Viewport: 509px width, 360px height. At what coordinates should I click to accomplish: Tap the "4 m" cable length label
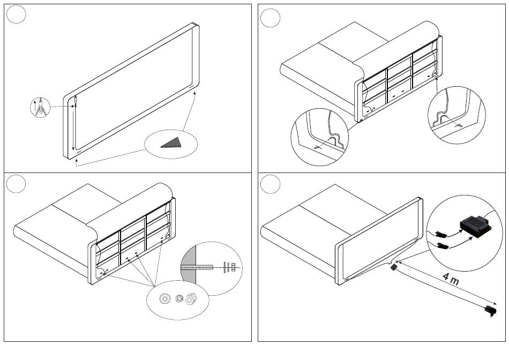click(451, 279)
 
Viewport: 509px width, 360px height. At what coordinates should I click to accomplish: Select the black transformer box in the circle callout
click(475, 226)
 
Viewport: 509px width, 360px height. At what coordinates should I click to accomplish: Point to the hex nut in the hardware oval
click(191, 298)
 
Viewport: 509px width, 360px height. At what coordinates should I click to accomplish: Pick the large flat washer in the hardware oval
click(165, 298)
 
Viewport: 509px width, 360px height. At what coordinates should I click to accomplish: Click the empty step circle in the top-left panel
click(16, 14)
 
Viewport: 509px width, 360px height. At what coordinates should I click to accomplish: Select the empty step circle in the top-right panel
click(270, 18)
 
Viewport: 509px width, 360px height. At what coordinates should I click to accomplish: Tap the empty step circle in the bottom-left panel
click(16, 184)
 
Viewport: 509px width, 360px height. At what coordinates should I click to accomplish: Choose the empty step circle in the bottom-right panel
click(270, 184)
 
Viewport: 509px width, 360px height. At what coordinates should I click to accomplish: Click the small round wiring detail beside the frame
click(40, 107)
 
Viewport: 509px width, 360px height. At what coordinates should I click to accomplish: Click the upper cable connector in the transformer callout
click(441, 234)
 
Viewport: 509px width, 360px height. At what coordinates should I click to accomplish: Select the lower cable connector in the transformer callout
click(443, 245)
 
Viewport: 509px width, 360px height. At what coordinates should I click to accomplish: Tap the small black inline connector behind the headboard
click(394, 267)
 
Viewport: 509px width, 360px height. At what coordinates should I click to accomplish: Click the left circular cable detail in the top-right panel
click(320, 137)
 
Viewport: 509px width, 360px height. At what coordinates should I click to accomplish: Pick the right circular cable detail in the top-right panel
click(456, 115)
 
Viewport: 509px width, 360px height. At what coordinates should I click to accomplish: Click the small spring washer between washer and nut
click(179, 298)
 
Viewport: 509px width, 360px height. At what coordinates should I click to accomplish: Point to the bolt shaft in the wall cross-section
click(197, 267)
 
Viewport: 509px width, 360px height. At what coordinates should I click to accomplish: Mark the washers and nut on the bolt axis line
click(229, 267)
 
